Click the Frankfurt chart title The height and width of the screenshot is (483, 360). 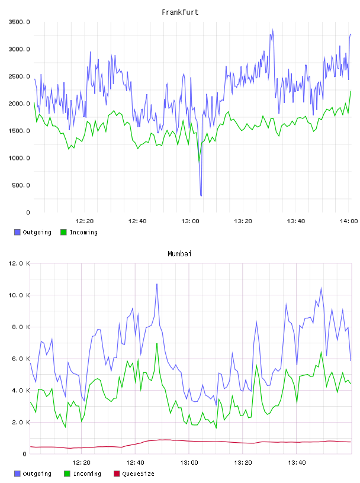pos(180,12)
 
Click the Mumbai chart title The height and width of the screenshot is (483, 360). pos(179,254)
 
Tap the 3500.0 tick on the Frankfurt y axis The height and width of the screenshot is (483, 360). pos(19,22)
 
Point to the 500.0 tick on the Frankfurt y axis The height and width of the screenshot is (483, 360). pos(21,185)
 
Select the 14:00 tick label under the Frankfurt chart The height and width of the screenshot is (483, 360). pos(349,221)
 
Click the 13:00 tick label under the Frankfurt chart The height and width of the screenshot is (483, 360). pos(190,221)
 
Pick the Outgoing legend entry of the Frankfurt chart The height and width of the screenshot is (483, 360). pos(33,232)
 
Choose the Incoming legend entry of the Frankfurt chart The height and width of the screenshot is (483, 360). pos(79,232)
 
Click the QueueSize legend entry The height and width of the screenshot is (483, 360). pos(134,474)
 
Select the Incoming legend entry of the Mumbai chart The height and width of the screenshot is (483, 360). pos(83,474)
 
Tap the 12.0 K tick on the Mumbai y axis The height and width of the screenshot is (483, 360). pos(19,263)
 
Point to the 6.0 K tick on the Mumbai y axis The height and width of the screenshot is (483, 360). pos(21,359)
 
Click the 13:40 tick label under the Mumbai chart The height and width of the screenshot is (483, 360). pos(297,463)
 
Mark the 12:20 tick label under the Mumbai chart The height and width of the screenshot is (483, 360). pos(81,463)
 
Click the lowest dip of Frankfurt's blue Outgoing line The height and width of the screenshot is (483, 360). pos(201,195)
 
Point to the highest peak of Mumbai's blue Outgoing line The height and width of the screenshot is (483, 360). pos(157,284)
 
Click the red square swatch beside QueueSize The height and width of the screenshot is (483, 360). pos(117,474)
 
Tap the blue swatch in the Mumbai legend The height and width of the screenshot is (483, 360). pos(17,474)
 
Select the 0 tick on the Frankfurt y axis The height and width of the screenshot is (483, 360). pos(28,212)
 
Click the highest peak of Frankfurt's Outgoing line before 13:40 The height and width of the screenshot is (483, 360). pos(273,30)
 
